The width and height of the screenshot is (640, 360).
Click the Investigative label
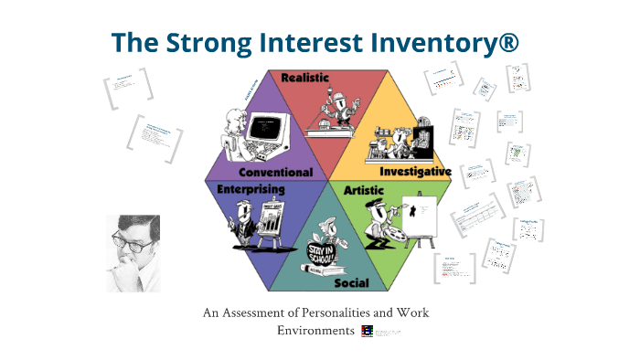pos(415,171)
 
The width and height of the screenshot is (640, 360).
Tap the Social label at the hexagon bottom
pos(351,283)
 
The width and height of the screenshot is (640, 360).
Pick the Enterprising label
pos(251,189)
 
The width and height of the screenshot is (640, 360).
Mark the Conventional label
pos(275,172)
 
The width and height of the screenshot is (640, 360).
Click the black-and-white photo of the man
pos(133,253)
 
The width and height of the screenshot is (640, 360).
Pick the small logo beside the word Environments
pos(367,331)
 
